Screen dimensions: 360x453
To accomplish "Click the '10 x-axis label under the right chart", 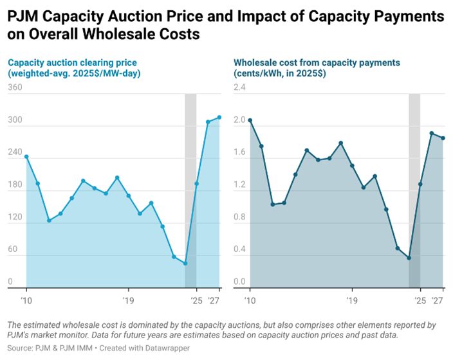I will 250,300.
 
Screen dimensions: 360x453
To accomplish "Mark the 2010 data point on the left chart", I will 26,156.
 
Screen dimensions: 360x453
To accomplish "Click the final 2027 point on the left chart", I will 219,117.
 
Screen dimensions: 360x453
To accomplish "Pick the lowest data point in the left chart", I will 185,264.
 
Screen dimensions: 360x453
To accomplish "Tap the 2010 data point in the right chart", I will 250,120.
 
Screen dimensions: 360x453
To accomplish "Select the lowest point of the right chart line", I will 409,258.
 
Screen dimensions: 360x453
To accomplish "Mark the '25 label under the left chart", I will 197,300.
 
